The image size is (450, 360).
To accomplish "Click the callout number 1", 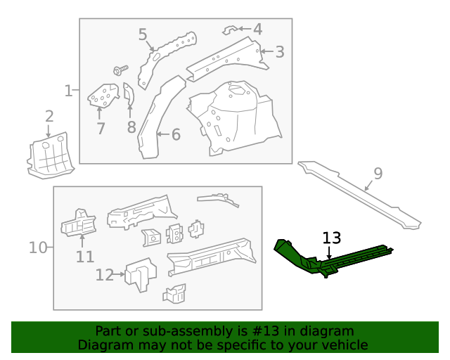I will tap(68, 91).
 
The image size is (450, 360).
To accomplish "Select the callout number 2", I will tap(49, 116).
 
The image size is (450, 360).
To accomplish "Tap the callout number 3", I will tap(280, 51).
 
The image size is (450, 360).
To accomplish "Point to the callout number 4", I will tap(257, 30).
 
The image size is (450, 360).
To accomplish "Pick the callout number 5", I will tap(143, 34).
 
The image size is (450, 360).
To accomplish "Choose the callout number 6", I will tap(176, 134).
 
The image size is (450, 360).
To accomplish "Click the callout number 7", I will tap(101, 129).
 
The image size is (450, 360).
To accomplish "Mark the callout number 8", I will tap(131, 127).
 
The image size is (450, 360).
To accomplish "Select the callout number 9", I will tap(378, 174).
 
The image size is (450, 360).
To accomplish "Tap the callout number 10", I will tap(38, 247).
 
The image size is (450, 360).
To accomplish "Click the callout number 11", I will tap(84, 257).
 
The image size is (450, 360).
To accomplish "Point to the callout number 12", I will tap(104, 275).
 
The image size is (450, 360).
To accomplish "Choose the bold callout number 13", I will tap(331, 238).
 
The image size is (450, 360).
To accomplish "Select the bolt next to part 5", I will tap(119, 70).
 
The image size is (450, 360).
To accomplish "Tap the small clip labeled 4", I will tap(229, 30).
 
